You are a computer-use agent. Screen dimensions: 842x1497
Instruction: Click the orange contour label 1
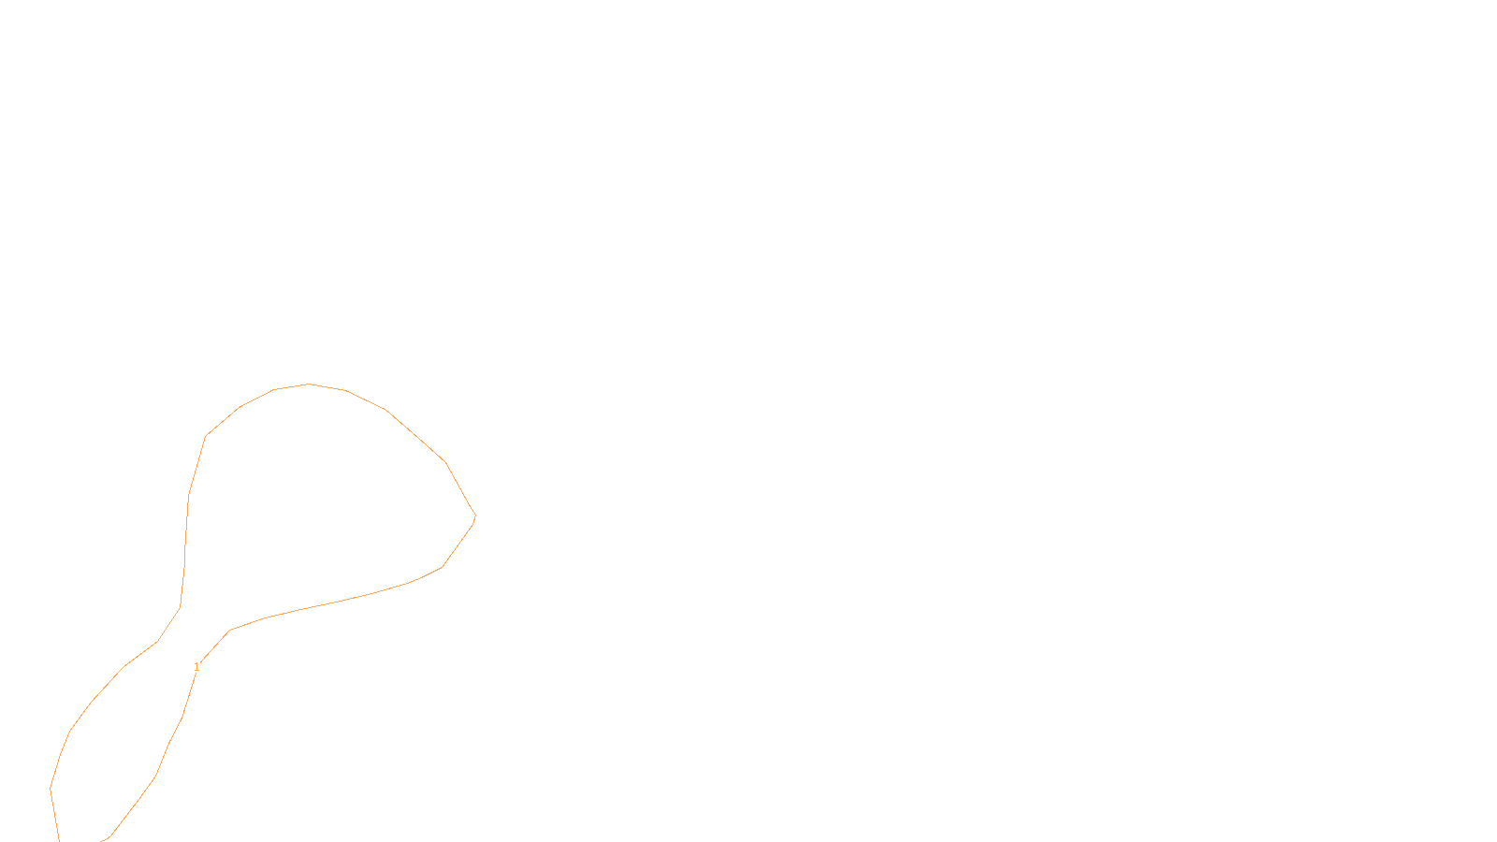click(x=196, y=667)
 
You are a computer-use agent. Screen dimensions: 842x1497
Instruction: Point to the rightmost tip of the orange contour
click(x=475, y=515)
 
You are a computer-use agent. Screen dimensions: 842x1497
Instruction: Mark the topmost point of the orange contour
click(x=309, y=384)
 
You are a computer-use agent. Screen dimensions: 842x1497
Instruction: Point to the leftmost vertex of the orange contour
click(x=51, y=788)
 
